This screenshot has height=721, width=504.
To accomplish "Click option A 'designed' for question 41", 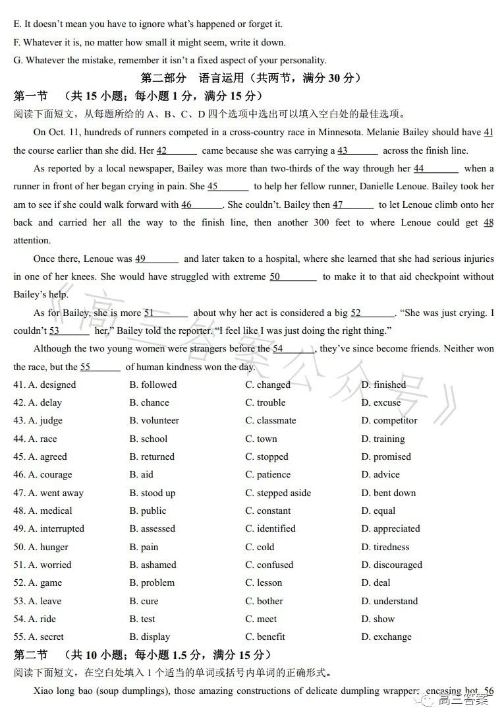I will click(52, 385).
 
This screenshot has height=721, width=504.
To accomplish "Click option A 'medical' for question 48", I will click(50, 511).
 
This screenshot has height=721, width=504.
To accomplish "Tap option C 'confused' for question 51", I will click(269, 565).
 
